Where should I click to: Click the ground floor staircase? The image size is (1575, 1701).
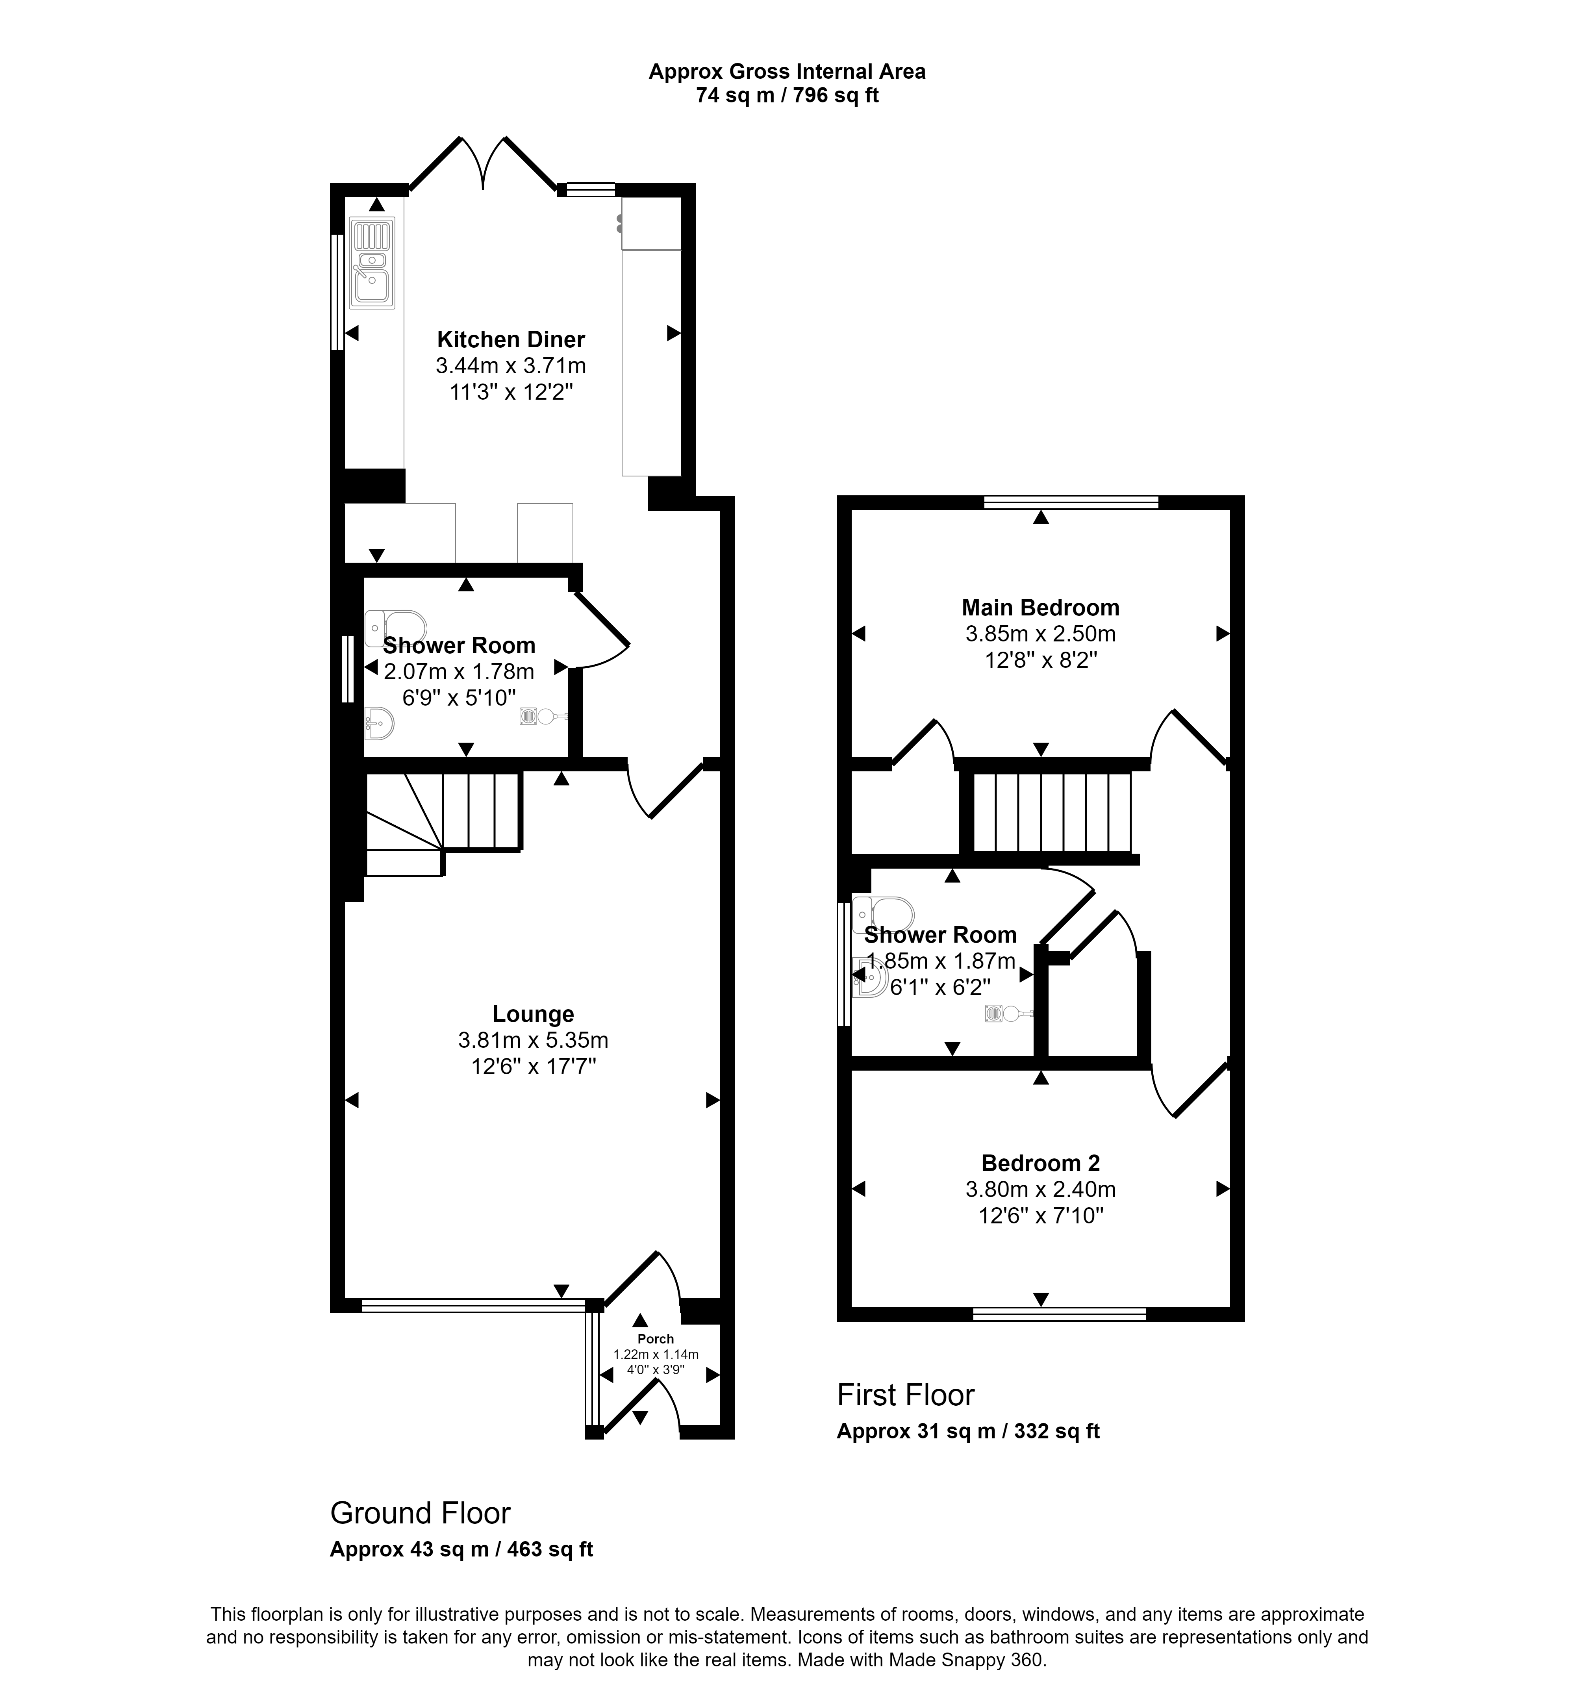pyautogui.click(x=443, y=818)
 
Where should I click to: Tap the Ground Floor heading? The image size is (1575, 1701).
pyautogui.click(x=420, y=1513)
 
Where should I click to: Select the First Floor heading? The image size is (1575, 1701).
pyautogui.click(x=905, y=1395)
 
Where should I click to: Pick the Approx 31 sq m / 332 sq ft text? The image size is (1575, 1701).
pyautogui.click(x=967, y=1431)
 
